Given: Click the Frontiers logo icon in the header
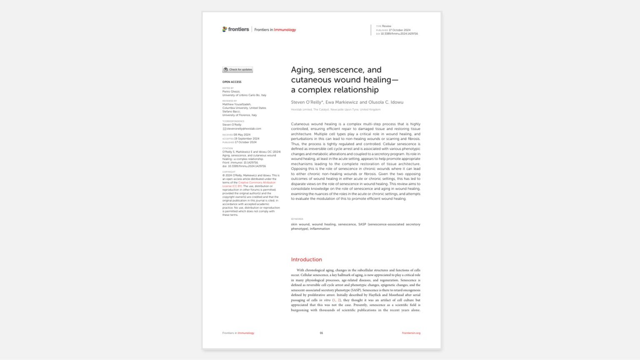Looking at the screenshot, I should [x=225, y=29].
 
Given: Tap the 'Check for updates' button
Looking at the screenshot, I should [x=237, y=70].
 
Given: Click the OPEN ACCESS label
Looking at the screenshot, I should [x=232, y=82].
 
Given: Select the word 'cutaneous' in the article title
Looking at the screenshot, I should [x=308, y=80].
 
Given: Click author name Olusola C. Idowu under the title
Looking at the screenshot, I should [x=386, y=102].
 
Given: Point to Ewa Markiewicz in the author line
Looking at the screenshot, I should [x=341, y=102].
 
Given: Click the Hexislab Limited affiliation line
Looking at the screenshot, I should [x=335, y=110].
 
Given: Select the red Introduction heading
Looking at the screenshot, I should [x=306, y=260].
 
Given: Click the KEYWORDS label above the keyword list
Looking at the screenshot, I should [x=297, y=219].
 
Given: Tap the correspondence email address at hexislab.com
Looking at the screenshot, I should [x=244, y=129].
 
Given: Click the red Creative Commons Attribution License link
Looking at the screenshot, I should [x=256, y=182].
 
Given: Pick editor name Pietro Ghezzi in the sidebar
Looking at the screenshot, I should [x=231, y=92].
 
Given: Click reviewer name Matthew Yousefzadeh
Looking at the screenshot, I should [x=237, y=105].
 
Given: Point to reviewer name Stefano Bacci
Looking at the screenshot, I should [x=231, y=112].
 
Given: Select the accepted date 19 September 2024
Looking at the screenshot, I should [x=246, y=139].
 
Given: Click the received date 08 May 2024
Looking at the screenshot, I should [x=242, y=135].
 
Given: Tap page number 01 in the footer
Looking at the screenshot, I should [x=321, y=333].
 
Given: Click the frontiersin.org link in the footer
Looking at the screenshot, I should [x=411, y=333].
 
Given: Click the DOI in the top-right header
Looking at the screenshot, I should [x=399, y=34].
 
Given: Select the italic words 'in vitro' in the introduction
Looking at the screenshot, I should [x=325, y=300].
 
